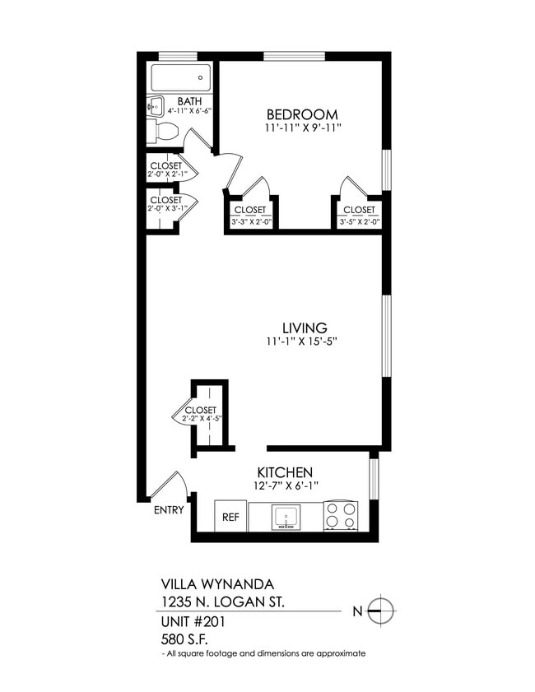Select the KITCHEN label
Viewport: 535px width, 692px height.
[x=285, y=472]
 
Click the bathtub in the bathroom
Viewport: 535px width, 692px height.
[x=179, y=78]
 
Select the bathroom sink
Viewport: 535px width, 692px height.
[x=155, y=105]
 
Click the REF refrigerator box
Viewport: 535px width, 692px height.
[x=230, y=518]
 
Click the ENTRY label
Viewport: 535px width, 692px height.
[x=169, y=510]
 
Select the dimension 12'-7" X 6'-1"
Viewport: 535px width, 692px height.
[x=285, y=485]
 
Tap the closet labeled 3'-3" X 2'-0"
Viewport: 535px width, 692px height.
[x=252, y=215]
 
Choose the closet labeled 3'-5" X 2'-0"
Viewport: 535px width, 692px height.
[x=359, y=215]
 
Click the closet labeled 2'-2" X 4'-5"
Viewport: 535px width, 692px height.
[x=201, y=414]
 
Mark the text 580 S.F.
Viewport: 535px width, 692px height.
[x=183, y=637]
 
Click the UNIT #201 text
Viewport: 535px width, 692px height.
[x=192, y=621]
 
